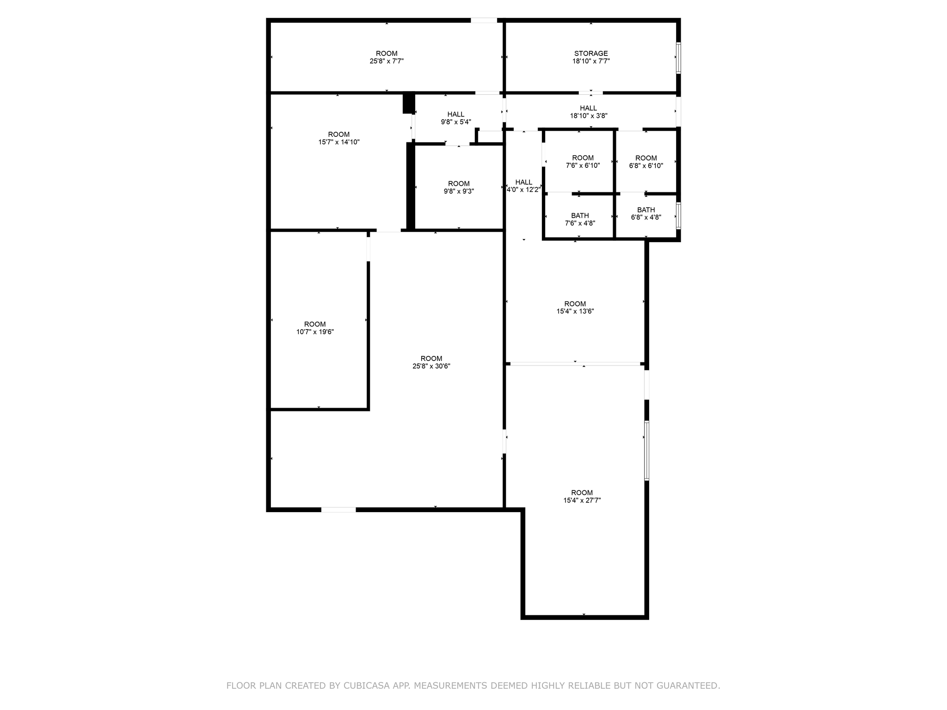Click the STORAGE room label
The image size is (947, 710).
(590, 54)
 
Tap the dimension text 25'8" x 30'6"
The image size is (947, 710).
(431, 366)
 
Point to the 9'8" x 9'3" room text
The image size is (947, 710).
(459, 191)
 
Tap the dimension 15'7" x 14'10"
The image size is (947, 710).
(338, 142)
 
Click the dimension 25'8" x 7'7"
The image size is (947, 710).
(387, 61)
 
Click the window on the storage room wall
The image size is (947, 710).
(678, 58)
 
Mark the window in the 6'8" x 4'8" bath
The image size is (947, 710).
(678, 215)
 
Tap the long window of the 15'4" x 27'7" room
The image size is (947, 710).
(646, 450)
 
